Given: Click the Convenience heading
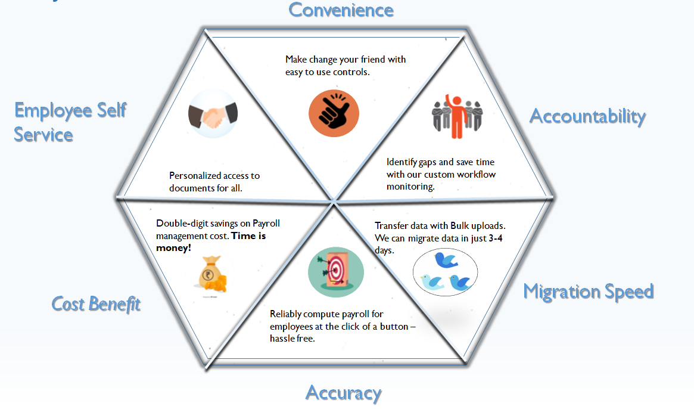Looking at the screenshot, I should tap(341, 10).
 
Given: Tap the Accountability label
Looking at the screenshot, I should tap(587, 116).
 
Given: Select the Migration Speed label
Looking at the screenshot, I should tap(588, 291).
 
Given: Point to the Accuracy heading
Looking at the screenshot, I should tap(343, 392).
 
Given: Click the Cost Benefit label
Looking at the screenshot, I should tap(96, 303).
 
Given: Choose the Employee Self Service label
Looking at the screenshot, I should tap(70, 122).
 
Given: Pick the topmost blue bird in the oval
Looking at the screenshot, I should tap(445, 260).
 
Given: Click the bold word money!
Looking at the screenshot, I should tap(173, 247).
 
